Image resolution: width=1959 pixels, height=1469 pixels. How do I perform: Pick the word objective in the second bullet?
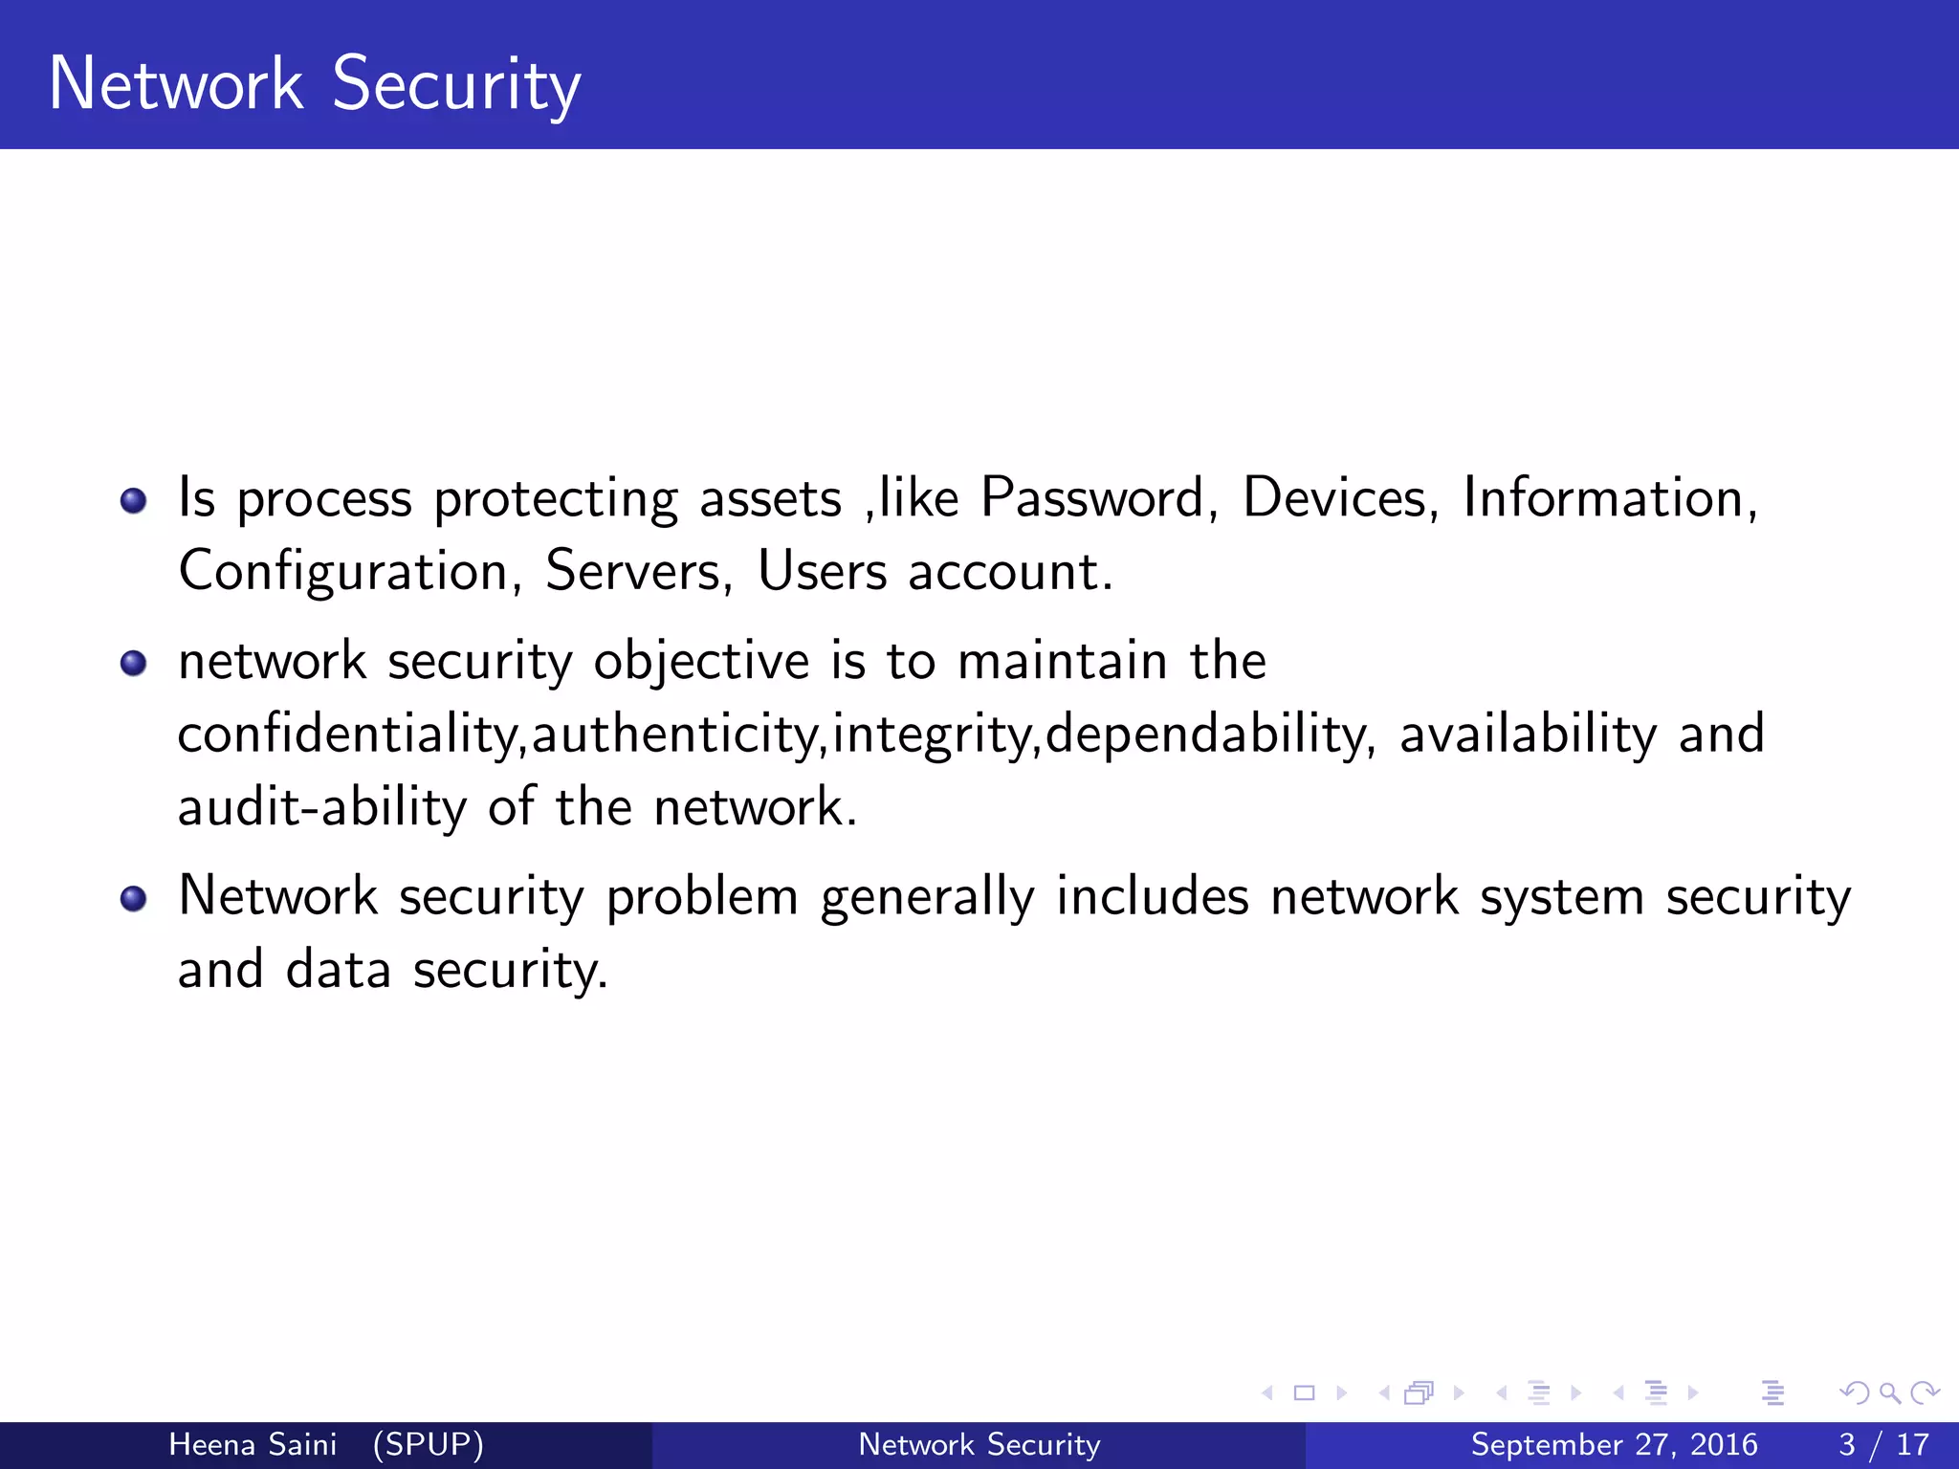tap(701, 662)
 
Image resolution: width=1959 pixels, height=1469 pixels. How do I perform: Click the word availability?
tap(1528, 734)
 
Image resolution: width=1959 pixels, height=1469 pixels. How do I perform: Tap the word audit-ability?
tap(321, 808)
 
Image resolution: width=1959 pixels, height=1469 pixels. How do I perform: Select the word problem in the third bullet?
tap(702, 898)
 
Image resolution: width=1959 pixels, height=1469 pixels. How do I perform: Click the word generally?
tap(927, 898)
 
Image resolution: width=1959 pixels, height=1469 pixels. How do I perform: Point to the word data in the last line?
tap(339, 970)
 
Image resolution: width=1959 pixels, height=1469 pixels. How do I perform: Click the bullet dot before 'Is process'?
tap(134, 500)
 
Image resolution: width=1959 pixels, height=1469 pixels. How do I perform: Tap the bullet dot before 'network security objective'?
tap(134, 663)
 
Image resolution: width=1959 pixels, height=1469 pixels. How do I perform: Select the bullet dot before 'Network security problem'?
tap(134, 898)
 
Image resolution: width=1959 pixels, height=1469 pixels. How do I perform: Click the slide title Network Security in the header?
tap(315, 84)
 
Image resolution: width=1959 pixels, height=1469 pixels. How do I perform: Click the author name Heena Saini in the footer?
tap(253, 1444)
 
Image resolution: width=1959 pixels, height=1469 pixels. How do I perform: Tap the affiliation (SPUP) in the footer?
tap(428, 1444)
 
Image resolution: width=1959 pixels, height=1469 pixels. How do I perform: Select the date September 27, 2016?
tap(1614, 1444)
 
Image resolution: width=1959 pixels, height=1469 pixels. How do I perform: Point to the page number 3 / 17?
tap(1883, 1444)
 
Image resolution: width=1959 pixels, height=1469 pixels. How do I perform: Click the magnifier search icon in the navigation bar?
tap(1889, 1393)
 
